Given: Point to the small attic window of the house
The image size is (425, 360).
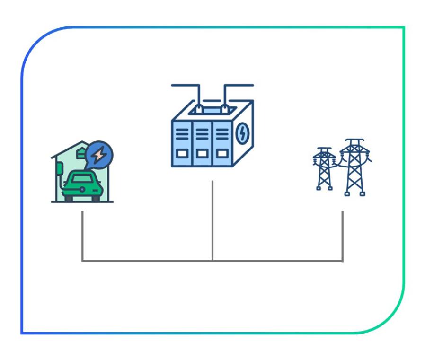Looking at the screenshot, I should pyautogui.click(x=81, y=152).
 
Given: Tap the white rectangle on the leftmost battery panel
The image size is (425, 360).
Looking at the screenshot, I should pyautogui.click(x=182, y=153).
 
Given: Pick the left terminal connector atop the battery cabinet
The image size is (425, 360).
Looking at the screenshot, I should pyautogui.click(x=200, y=108).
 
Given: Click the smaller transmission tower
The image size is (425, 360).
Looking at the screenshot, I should pyautogui.click(x=324, y=168).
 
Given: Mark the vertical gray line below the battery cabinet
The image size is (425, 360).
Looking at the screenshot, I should pyautogui.click(x=212, y=220).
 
